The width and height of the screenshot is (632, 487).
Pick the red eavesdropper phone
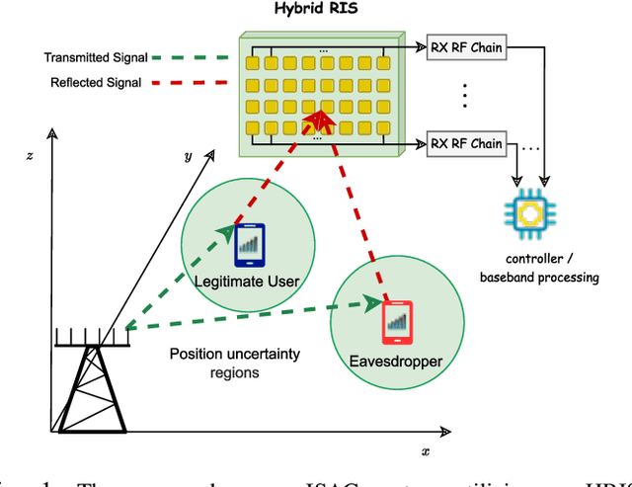point(395,318)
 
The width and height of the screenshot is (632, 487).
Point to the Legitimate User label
point(247,283)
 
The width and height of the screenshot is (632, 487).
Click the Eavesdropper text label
point(395,362)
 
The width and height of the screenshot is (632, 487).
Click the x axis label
point(426,450)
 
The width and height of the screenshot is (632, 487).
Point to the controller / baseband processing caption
point(539,269)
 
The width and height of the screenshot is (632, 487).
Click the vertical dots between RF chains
point(464,96)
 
